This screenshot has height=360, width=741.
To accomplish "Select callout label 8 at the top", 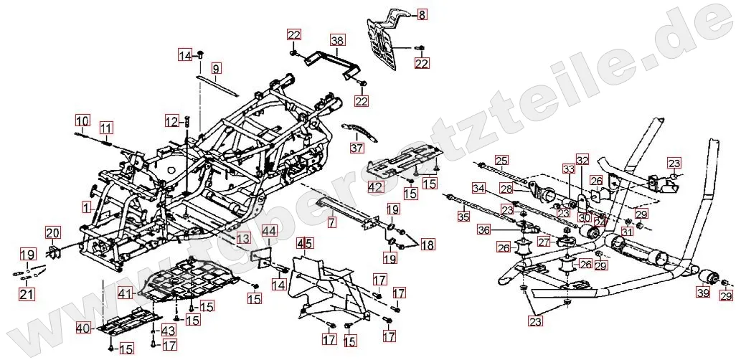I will click(x=422, y=14).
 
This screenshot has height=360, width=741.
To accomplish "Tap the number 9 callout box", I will click(x=216, y=69).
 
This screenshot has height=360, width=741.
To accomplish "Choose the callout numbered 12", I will click(x=171, y=121).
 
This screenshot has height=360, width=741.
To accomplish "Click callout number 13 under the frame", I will click(x=243, y=238).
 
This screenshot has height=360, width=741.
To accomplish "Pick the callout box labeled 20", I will click(x=54, y=232).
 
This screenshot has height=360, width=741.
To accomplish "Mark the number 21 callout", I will click(x=27, y=293).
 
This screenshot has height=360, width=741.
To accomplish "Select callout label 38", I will click(x=337, y=40).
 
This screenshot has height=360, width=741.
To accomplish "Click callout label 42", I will click(x=376, y=188).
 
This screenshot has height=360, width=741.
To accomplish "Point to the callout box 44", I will click(x=269, y=231).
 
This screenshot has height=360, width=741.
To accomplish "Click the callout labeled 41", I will click(x=126, y=293).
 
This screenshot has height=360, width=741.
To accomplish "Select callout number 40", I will click(x=83, y=329).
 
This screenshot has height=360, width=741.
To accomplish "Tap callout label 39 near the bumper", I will click(x=702, y=293).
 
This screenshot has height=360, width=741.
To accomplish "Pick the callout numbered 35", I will click(x=463, y=215).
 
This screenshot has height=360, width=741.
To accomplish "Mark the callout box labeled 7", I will click(x=331, y=223).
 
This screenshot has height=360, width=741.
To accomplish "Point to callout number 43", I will click(x=169, y=330).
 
